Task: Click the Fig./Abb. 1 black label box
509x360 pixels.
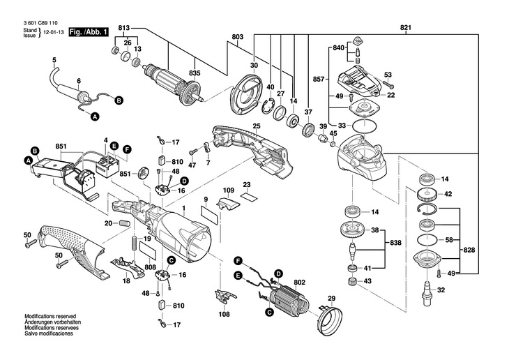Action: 89,32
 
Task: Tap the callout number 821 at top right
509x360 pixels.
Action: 407,27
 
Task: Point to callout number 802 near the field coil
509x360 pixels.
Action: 300,283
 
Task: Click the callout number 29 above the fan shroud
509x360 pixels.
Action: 332,299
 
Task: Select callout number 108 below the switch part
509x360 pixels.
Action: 225,315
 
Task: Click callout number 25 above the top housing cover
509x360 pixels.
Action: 257,126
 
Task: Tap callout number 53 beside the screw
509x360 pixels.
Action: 388,75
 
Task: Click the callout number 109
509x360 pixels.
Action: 229,190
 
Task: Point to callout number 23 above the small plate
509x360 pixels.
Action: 246,185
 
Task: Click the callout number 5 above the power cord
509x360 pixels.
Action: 53,61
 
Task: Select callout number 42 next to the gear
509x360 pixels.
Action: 448,194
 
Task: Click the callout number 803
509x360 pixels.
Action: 237,36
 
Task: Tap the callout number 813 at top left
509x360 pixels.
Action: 124,27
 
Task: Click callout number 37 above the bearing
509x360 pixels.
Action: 307,112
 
